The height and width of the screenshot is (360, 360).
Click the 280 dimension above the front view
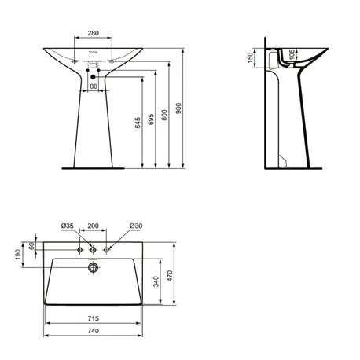[93, 33]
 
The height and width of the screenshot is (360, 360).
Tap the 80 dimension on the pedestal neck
[93, 86]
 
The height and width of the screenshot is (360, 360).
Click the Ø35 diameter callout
[68, 226]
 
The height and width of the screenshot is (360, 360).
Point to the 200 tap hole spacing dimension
[94, 226]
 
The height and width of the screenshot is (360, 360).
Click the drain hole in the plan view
[93, 267]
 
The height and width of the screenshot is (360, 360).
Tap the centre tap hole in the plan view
[93, 250]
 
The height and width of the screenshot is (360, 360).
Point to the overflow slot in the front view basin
[93, 57]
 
